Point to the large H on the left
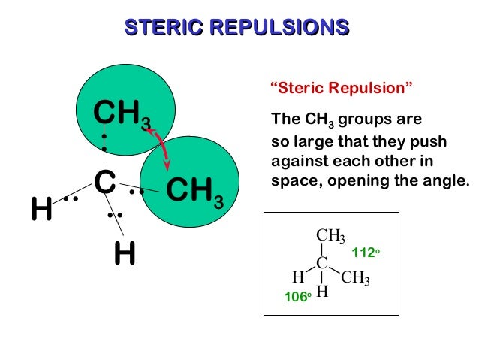[41, 209]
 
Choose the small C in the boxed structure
[321, 262]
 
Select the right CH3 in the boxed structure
[355, 278]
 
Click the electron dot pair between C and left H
[71, 198]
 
